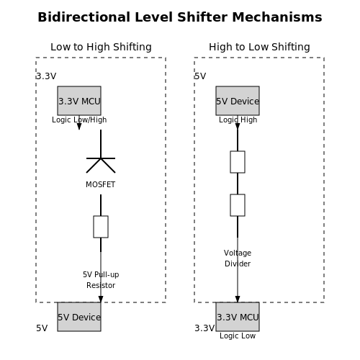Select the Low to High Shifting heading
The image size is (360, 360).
click(x=101, y=47)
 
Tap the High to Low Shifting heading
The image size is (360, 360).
click(x=259, y=47)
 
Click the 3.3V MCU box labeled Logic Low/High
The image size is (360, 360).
click(x=79, y=101)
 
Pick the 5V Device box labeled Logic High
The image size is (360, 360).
click(x=238, y=101)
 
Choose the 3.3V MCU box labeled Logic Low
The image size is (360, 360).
click(x=238, y=317)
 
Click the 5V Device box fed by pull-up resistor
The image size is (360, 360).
click(x=79, y=317)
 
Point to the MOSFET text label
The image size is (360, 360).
click(x=101, y=184)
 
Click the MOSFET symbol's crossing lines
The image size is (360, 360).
click(x=101, y=158)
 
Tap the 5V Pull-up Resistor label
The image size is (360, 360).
click(x=101, y=280)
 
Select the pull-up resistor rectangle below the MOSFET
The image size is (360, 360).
click(x=101, y=227)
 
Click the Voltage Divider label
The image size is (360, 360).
click(x=238, y=258)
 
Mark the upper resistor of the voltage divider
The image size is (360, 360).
click(x=238, y=162)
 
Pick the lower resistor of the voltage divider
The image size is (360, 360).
click(x=238, y=205)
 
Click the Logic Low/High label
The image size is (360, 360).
click(x=79, y=120)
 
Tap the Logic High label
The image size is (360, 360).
click(x=238, y=120)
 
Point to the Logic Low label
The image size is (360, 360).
click(x=238, y=336)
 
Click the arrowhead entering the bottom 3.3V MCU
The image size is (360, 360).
click(x=238, y=300)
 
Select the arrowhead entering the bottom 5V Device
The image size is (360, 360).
click(x=101, y=300)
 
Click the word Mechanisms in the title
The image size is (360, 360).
click(x=277, y=17)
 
